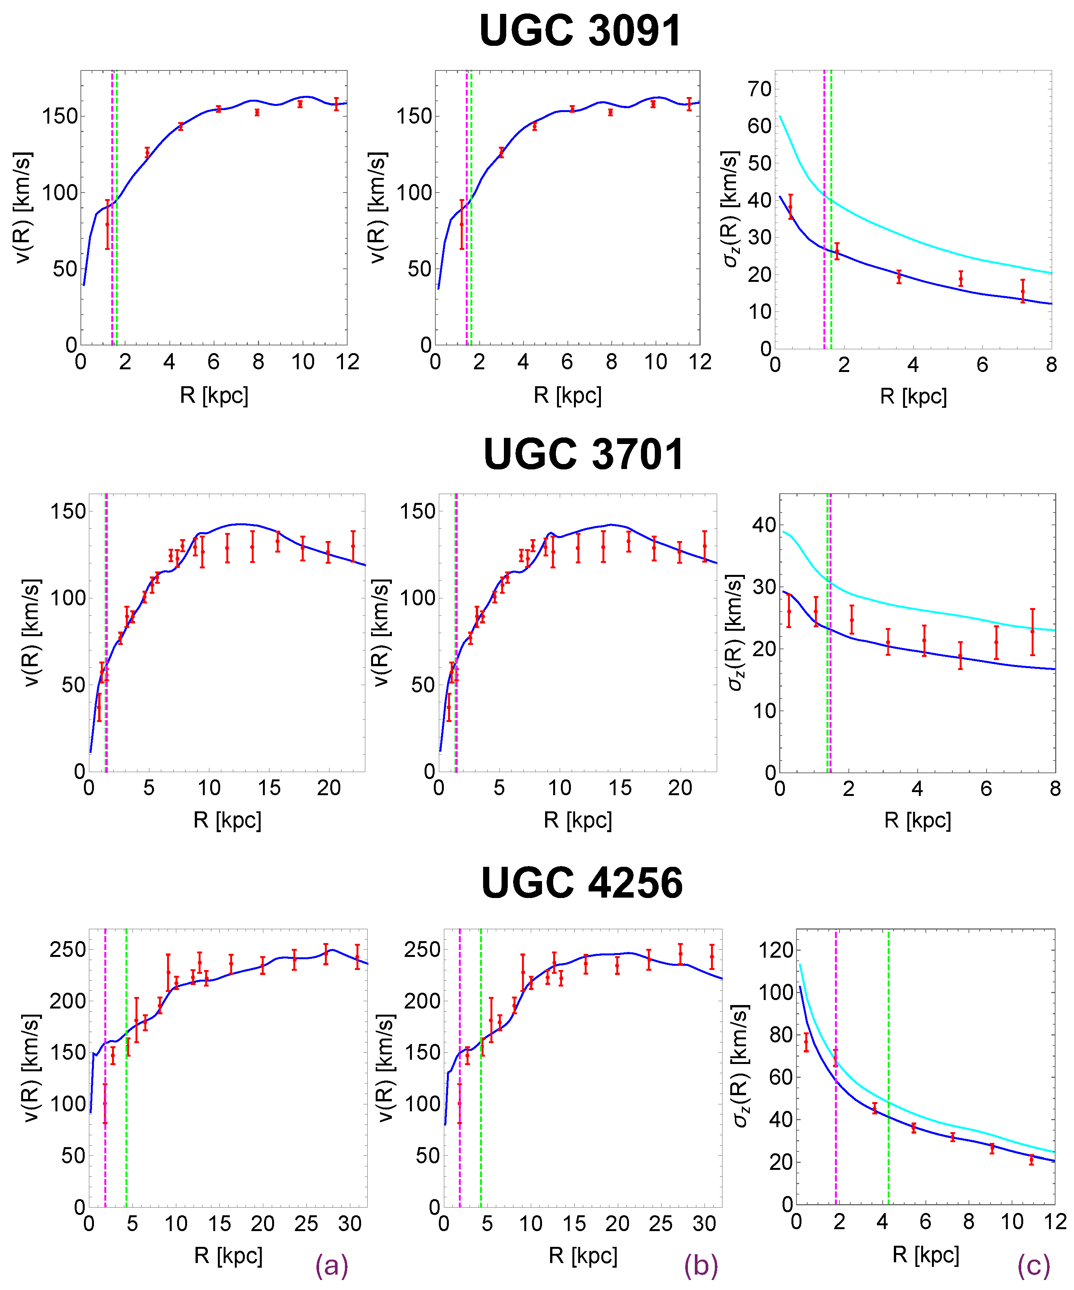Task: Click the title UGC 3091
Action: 580,31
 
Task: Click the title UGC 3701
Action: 583,454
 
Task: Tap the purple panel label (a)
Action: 331,1266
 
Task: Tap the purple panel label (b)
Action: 701,1266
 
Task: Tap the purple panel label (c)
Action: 1034,1266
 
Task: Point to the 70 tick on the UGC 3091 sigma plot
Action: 759,89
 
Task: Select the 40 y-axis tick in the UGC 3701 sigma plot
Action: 763,524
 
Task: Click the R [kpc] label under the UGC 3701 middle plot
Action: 577,820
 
